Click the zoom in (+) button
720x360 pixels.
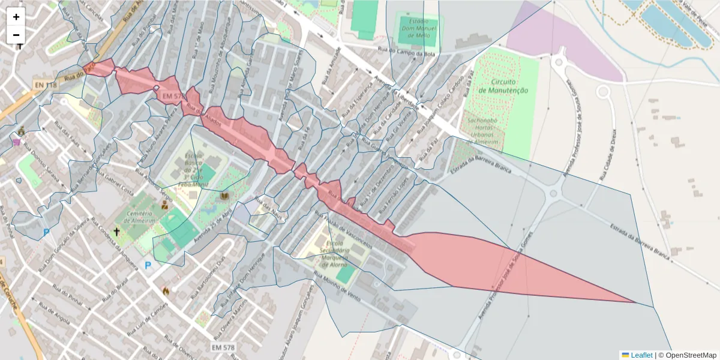[x=16, y=17]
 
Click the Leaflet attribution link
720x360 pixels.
[x=641, y=355]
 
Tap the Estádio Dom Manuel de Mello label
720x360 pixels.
[x=418, y=26]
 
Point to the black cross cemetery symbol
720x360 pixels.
[x=116, y=231]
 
